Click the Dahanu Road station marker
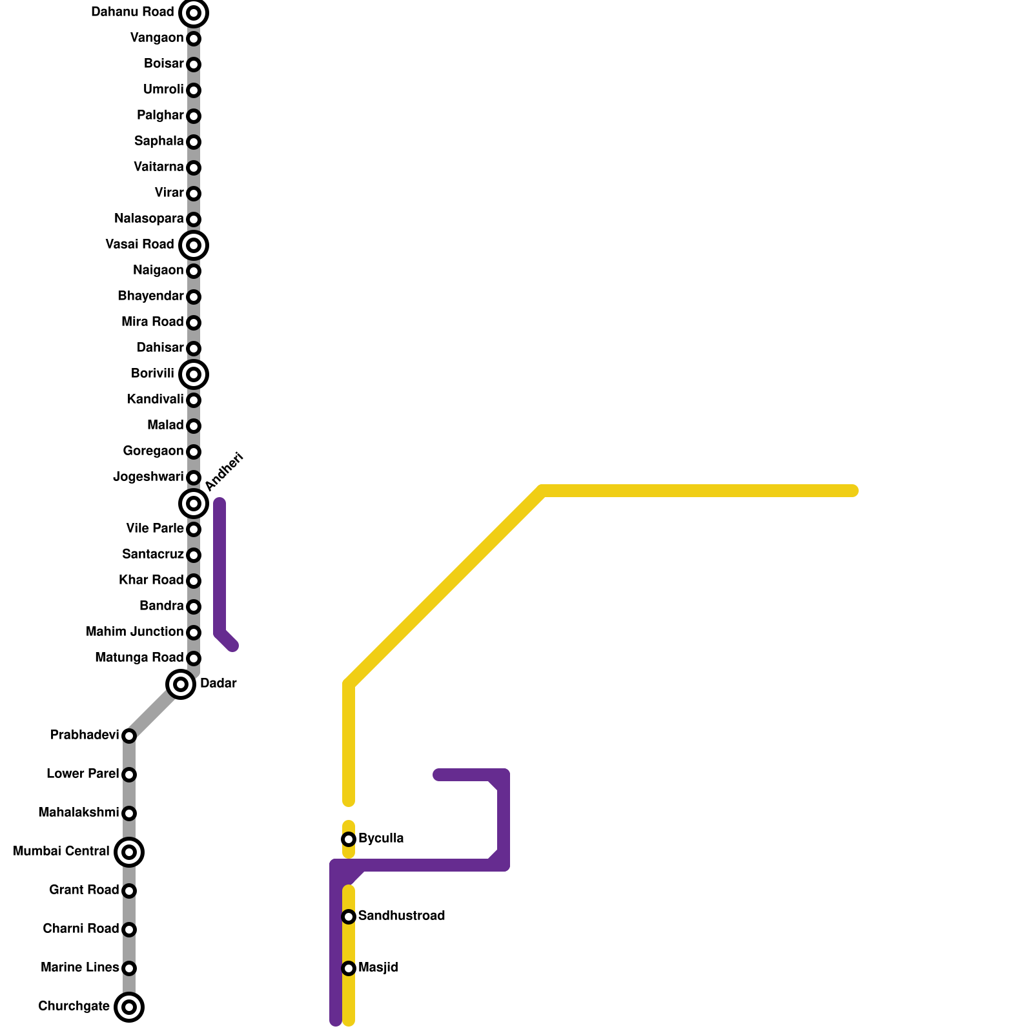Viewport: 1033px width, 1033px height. coord(194,13)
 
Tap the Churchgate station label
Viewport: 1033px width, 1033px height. coord(74,1007)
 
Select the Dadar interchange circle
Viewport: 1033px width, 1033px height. coord(181,684)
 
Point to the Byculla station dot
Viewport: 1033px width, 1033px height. coord(349,839)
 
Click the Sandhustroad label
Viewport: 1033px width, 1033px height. coord(401,916)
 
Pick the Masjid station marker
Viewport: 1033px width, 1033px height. coord(349,968)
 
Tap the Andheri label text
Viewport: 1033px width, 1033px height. coord(223,471)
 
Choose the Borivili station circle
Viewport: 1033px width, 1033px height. coord(194,374)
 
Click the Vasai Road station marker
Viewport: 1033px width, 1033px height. coord(194,245)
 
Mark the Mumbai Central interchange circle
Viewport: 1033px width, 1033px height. coord(129,852)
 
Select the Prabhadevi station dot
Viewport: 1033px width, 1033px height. coord(129,736)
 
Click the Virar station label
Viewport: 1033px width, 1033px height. coord(169,193)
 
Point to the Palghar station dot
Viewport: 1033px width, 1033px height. coord(194,116)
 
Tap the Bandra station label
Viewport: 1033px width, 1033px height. coord(161,606)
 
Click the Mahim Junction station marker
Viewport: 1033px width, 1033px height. coord(194,633)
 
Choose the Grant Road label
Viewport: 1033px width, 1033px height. coord(84,890)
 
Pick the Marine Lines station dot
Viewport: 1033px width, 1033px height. coord(129,968)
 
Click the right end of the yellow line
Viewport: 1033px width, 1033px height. coord(853,491)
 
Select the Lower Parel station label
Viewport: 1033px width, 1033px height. coord(83,774)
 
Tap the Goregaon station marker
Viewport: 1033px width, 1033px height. coord(194,452)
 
